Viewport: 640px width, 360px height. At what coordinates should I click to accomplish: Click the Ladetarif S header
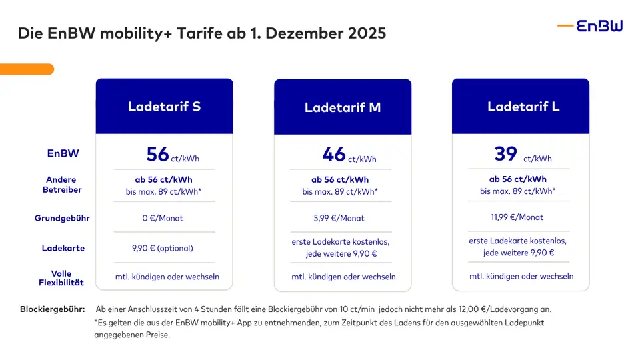pyautogui.click(x=164, y=107)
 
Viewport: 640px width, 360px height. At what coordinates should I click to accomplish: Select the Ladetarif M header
pyautogui.click(x=343, y=107)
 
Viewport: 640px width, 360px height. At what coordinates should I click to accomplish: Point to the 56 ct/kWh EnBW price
pyautogui.click(x=172, y=155)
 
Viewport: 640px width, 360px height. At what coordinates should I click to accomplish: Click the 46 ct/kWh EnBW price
pyautogui.click(x=349, y=155)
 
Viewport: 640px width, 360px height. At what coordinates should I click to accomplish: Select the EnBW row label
pyautogui.click(x=63, y=153)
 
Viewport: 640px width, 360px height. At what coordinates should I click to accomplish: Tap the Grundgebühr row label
pyautogui.click(x=63, y=218)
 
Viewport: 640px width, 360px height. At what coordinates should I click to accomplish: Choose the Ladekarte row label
pyautogui.click(x=63, y=248)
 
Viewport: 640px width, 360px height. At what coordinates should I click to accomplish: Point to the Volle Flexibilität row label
pyautogui.click(x=61, y=278)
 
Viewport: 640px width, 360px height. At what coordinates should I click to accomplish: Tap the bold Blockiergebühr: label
pyautogui.click(x=52, y=309)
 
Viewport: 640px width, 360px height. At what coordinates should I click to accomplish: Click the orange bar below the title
pyautogui.click(x=27, y=69)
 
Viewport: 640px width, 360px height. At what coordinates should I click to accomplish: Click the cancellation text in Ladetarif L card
pyautogui.click(x=521, y=276)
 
